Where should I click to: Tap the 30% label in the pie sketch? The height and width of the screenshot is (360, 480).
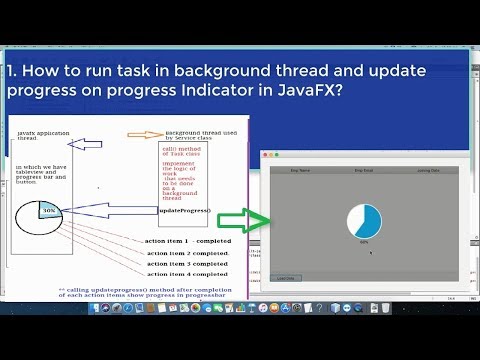pos(49,212)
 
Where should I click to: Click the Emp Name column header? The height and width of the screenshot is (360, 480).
pos(300,171)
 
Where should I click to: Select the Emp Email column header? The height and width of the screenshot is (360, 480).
pos(364,171)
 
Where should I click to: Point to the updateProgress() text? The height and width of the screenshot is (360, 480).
pos(184,211)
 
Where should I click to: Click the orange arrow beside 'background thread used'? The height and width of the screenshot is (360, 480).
pos(145,135)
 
